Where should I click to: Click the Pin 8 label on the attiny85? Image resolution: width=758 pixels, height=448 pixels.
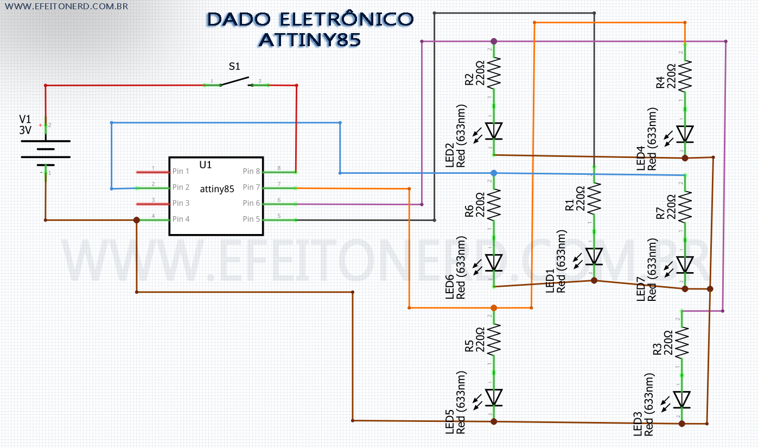pyautogui.click(x=251, y=172)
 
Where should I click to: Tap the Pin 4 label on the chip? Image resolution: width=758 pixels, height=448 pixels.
pyautogui.click(x=181, y=219)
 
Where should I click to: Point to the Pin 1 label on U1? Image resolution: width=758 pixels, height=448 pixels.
pyautogui.click(x=181, y=172)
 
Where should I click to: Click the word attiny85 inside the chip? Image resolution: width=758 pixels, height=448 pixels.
pyautogui.click(x=217, y=190)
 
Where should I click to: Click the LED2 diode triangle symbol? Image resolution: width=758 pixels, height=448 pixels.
pyautogui.click(x=494, y=131)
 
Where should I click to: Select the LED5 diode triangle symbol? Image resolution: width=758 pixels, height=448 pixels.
pyautogui.click(x=494, y=397)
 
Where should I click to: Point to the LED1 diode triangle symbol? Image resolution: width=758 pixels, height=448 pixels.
pyautogui.click(x=594, y=255)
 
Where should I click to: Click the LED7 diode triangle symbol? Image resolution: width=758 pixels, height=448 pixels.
pyautogui.click(x=685, y=264)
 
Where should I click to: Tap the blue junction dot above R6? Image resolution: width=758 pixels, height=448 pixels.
pyautogui.click(x=494, y=173)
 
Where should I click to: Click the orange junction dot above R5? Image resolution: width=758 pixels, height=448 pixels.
pyautogui.click(x=494, y=308)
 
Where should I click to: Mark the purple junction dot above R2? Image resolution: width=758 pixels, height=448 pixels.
pyautogui.click(x=494, y=41)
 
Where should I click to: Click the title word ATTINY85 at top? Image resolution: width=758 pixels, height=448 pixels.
pyautogui.click(x=309, y=40)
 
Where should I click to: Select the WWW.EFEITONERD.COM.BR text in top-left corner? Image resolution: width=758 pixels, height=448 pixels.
pyautogui.click(x=66, y=7)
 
